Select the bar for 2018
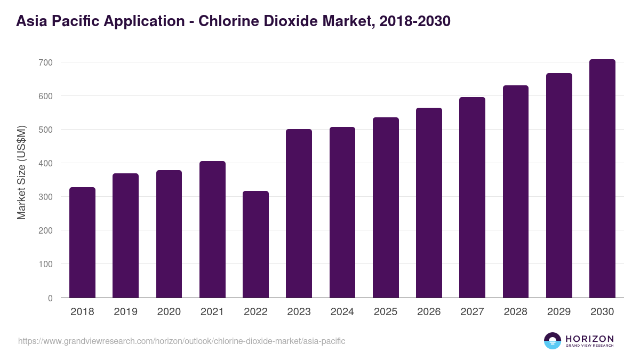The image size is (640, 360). [82, 243]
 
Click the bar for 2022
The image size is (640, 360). [255, 244]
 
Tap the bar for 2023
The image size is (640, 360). [299, 213]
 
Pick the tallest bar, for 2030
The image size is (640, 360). [602, 179]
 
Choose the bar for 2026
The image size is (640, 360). [429, 203]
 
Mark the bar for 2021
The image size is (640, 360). [212, 229]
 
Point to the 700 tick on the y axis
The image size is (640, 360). [45, 62]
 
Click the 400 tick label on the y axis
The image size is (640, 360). [45, 163]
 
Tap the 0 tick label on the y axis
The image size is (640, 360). [50, 298]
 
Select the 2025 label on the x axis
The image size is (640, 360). [386, 312]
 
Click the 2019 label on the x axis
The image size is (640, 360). [125, 312]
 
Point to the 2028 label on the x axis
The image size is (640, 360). [516, 312]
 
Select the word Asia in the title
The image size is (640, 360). [31, 21]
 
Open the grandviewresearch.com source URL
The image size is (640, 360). [182, 341]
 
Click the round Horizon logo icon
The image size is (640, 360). [553, 341]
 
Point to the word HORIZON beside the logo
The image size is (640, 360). [589, 339]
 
